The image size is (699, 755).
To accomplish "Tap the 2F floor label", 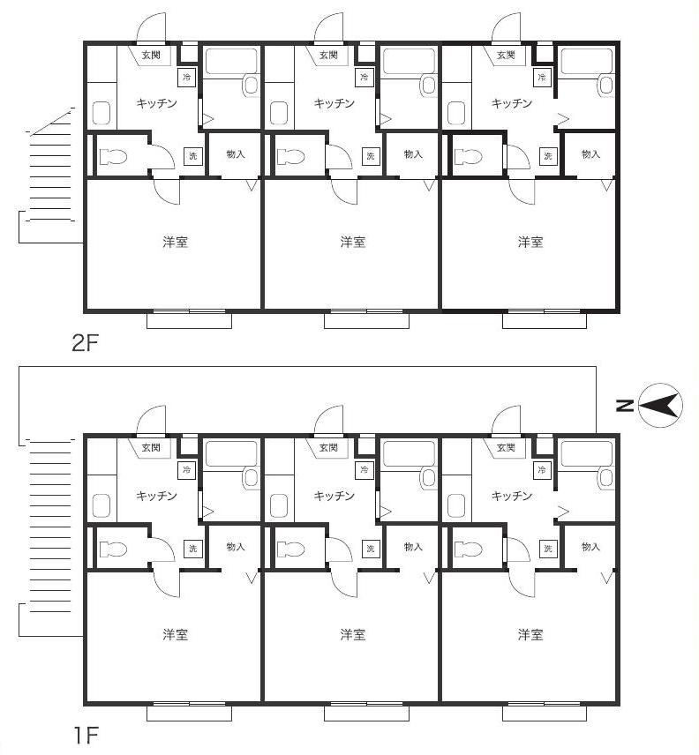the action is pos(85,343).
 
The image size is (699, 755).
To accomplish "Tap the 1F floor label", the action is pos(86,735).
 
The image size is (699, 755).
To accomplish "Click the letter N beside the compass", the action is pos(624,406).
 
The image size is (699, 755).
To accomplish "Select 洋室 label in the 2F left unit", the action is pos(175,242).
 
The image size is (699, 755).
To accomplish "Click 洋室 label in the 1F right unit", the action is pos(530,634).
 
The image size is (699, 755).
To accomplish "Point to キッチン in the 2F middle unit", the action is pos(334,103).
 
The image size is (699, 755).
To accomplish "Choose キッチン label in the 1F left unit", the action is pos(156,496).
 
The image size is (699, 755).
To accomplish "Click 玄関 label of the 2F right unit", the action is pos(506,55).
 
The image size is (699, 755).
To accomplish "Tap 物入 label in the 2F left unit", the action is pos(236,154).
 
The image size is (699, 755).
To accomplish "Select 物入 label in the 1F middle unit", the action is pos(413,547).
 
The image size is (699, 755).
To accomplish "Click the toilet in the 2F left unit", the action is pos(113,156).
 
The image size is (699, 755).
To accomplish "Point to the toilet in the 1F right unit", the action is pos(469,549).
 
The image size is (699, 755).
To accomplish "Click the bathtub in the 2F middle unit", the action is pos(409,62).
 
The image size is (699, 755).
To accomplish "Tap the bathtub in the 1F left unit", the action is pos(231,454).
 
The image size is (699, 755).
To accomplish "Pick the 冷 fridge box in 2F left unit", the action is pos(187,77).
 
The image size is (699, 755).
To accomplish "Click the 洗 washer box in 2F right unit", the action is pos(548,155).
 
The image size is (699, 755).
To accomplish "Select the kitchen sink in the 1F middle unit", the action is pos(279,505).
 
